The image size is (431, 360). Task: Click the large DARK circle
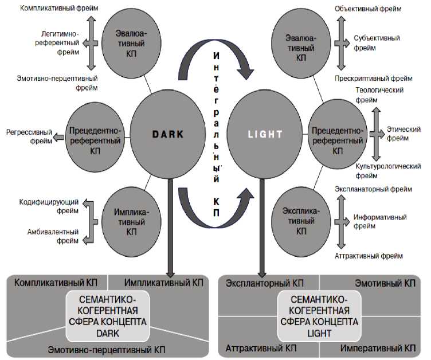point(168,134)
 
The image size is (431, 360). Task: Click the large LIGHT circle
point(265,134)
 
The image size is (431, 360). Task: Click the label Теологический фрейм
point(379,95)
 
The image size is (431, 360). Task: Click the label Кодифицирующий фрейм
point(48,206)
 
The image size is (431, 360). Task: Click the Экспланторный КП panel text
point(264,283)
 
